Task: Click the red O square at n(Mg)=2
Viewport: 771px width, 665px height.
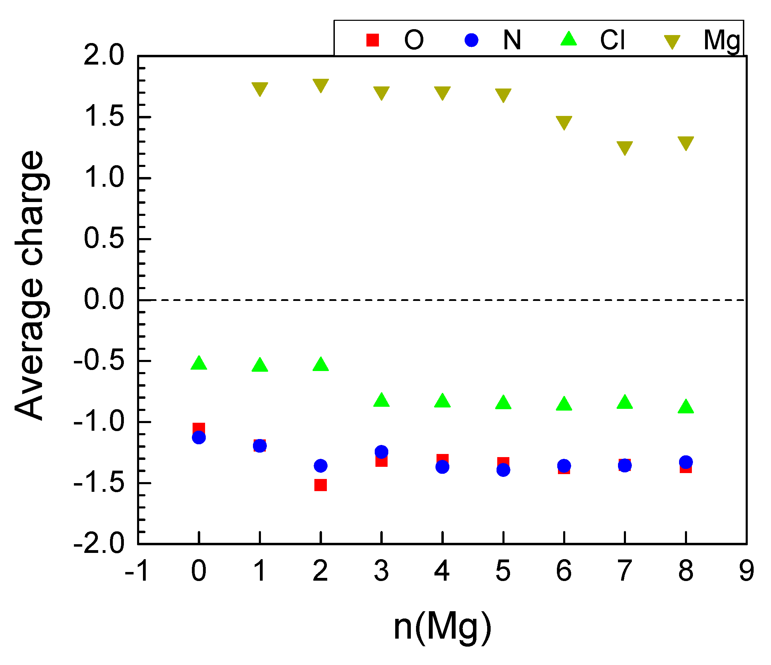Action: point(320,485)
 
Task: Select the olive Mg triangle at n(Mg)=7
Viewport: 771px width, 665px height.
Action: point(625,147)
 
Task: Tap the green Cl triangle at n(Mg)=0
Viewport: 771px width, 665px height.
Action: point(199,363)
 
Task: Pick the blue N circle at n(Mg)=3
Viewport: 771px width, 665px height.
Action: point(381,452)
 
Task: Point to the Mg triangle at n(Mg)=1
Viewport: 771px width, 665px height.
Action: point(260,88)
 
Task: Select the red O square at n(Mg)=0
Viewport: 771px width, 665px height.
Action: point(199,428)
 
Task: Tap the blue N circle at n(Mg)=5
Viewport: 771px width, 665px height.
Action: point(503,470)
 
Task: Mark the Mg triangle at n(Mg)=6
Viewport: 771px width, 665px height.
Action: point(564,122)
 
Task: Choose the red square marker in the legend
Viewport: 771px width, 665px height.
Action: point(372,40)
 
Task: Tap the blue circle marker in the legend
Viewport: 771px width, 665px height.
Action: point(471,40)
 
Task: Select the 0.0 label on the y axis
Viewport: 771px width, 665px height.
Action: point(103,300)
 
